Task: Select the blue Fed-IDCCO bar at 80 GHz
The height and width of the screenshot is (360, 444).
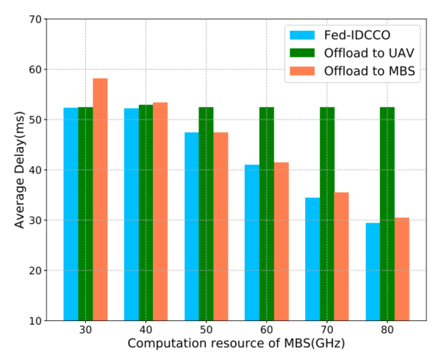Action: click(x=373, y=272)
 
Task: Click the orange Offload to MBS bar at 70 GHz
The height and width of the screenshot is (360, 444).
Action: click(x=342, y=256)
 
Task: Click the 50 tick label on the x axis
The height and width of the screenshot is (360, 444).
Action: click(x=206, y=333)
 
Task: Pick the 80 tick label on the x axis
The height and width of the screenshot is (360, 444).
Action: click(x=387, y=333)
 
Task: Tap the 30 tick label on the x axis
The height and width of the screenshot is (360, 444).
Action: click(x=85, y=333)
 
